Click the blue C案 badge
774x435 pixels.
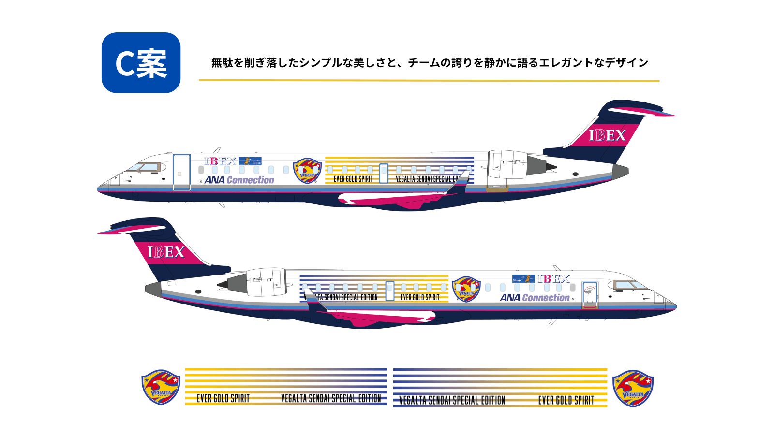pos(141,63)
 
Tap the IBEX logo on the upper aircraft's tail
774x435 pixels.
pos(607,135)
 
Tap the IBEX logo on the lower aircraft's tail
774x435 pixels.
pos(166,252)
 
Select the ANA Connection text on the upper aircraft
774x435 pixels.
pos(239,180)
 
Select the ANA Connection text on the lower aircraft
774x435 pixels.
pos(535,298)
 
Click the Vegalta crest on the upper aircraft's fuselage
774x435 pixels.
pos(307,171)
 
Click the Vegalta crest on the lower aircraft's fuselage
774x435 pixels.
pos(466,289)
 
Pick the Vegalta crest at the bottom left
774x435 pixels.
pos(161,387)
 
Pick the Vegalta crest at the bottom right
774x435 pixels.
pos(633,388)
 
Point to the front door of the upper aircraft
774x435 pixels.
pos(181,172)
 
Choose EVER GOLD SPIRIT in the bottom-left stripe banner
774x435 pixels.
pos(223,399)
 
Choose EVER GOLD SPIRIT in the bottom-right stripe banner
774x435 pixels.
pos(566,400)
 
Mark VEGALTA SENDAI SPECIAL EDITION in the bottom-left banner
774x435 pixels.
pos(331,399)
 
